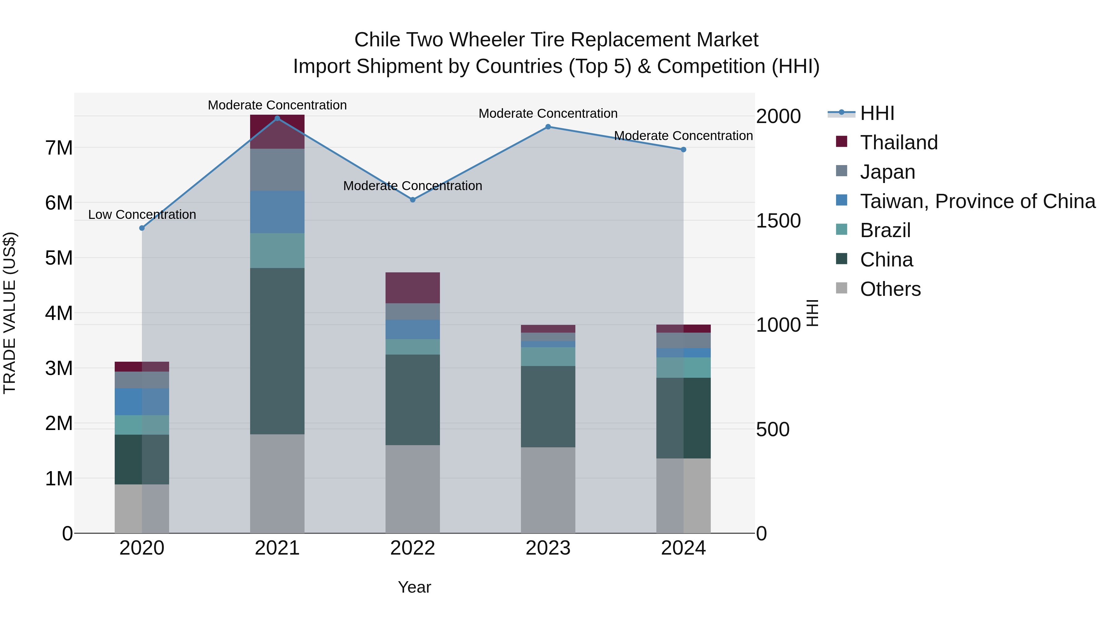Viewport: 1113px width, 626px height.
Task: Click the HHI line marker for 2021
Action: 277,118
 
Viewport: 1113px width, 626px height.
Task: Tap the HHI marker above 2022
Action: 413,200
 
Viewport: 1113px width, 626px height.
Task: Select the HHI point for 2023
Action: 548,126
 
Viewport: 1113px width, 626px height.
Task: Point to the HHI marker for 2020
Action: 142,228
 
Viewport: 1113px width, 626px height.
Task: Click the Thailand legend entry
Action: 899,143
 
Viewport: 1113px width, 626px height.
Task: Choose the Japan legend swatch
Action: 842,171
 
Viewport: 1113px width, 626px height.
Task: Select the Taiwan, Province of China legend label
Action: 977,201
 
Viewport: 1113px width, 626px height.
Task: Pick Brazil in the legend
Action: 885,230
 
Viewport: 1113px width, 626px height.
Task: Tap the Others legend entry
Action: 890,289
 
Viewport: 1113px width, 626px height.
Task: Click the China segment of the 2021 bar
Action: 277,351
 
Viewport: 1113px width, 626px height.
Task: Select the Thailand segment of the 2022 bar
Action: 413,288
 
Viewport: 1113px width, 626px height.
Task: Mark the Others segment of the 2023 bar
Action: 548,490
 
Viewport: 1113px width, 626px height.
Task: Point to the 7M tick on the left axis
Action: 59,148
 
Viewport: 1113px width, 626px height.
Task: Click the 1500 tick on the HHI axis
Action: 778,221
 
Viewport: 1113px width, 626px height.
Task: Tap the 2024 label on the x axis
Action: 683,548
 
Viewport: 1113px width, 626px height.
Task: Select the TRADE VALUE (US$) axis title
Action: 10,313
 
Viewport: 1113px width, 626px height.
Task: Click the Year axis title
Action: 414,587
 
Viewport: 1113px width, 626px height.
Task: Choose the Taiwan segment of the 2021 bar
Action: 277,212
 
